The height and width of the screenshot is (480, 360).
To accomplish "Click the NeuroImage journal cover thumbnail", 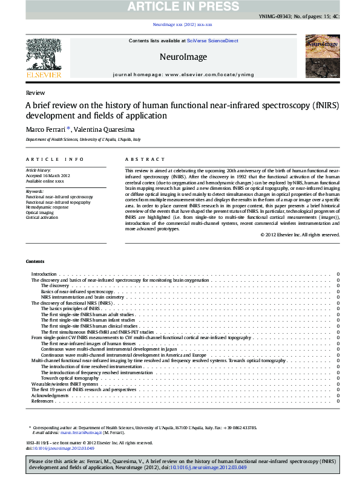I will click(x=322, y=56).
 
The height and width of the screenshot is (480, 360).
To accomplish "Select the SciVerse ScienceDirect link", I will click(x=212, y=41).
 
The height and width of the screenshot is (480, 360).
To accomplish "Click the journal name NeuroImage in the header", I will click(x=183, y=57).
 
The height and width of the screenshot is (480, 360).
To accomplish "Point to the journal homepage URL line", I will click(x=183, y=74).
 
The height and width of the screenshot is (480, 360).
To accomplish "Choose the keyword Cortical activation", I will click(x=42, y=218).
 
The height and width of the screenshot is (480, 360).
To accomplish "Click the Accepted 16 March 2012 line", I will click(x=48, y=176).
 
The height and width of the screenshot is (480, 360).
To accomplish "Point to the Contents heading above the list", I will click(x=35, y=261).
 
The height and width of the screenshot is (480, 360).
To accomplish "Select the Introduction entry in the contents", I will click(x=44, y=274).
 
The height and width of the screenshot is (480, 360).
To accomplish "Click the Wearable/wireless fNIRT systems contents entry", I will click(x=65, y=384).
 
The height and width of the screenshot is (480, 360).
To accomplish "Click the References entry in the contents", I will click(x=42, y=401).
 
